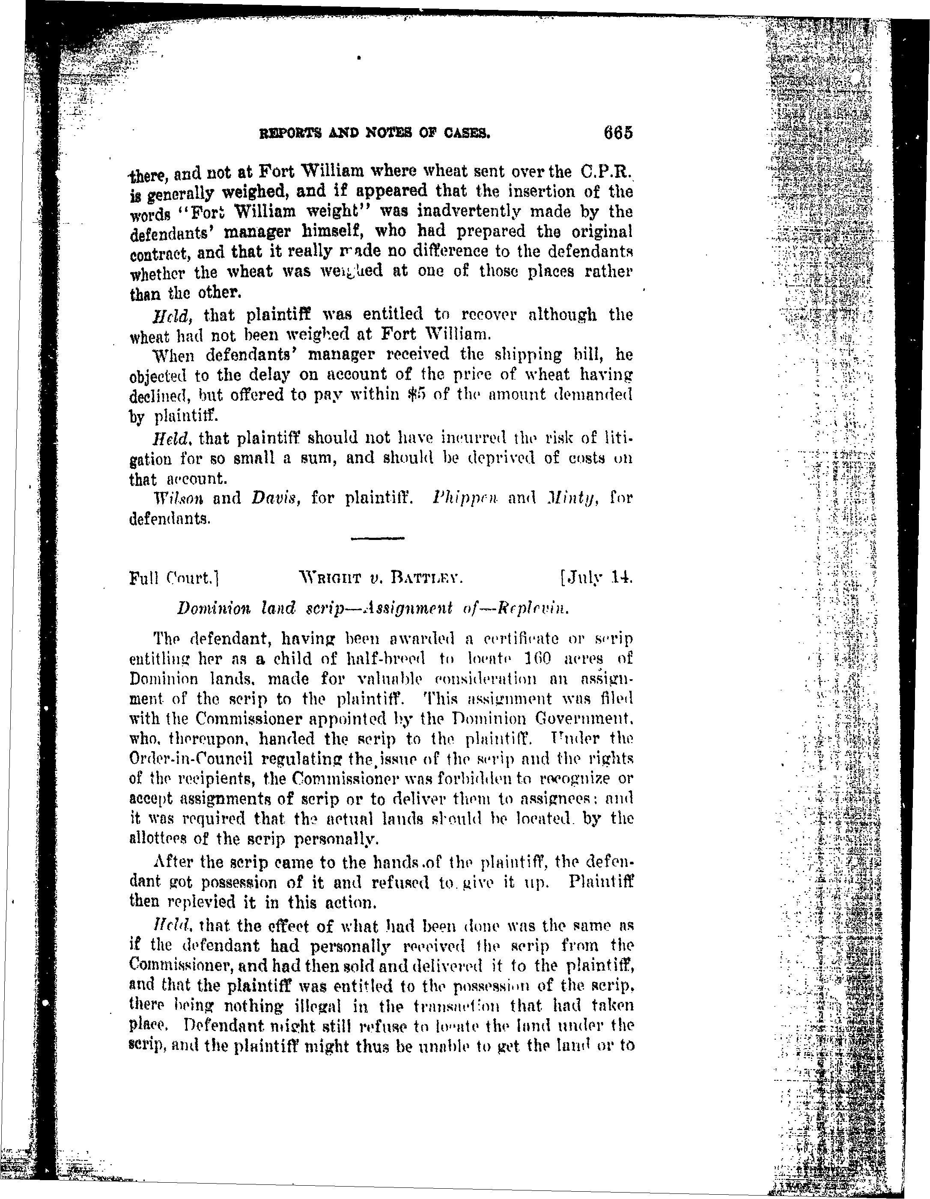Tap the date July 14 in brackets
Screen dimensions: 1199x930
click(596, 578)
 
